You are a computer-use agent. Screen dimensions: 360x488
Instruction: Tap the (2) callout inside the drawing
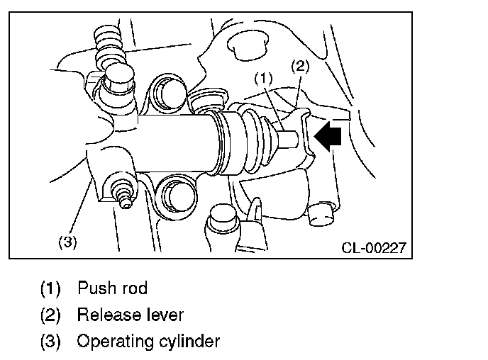click(x=301, y=67)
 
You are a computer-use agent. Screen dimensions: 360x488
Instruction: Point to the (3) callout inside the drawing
click(x=67, y=242)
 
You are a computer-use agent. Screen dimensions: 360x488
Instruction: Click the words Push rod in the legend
click(x=113, y=288)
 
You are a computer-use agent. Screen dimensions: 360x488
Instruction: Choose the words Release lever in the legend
click(x=131, y=315)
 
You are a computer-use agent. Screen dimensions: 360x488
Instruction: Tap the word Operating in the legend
click(x=109, y=342)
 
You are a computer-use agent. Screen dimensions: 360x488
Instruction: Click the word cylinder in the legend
click(x=185, y=342)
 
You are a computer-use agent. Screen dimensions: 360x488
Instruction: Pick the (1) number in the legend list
click(x=50, y=289)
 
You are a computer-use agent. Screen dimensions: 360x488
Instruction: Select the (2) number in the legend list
click(x=50, y=315)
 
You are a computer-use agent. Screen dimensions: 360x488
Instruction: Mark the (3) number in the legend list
click(x=50, y=342)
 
